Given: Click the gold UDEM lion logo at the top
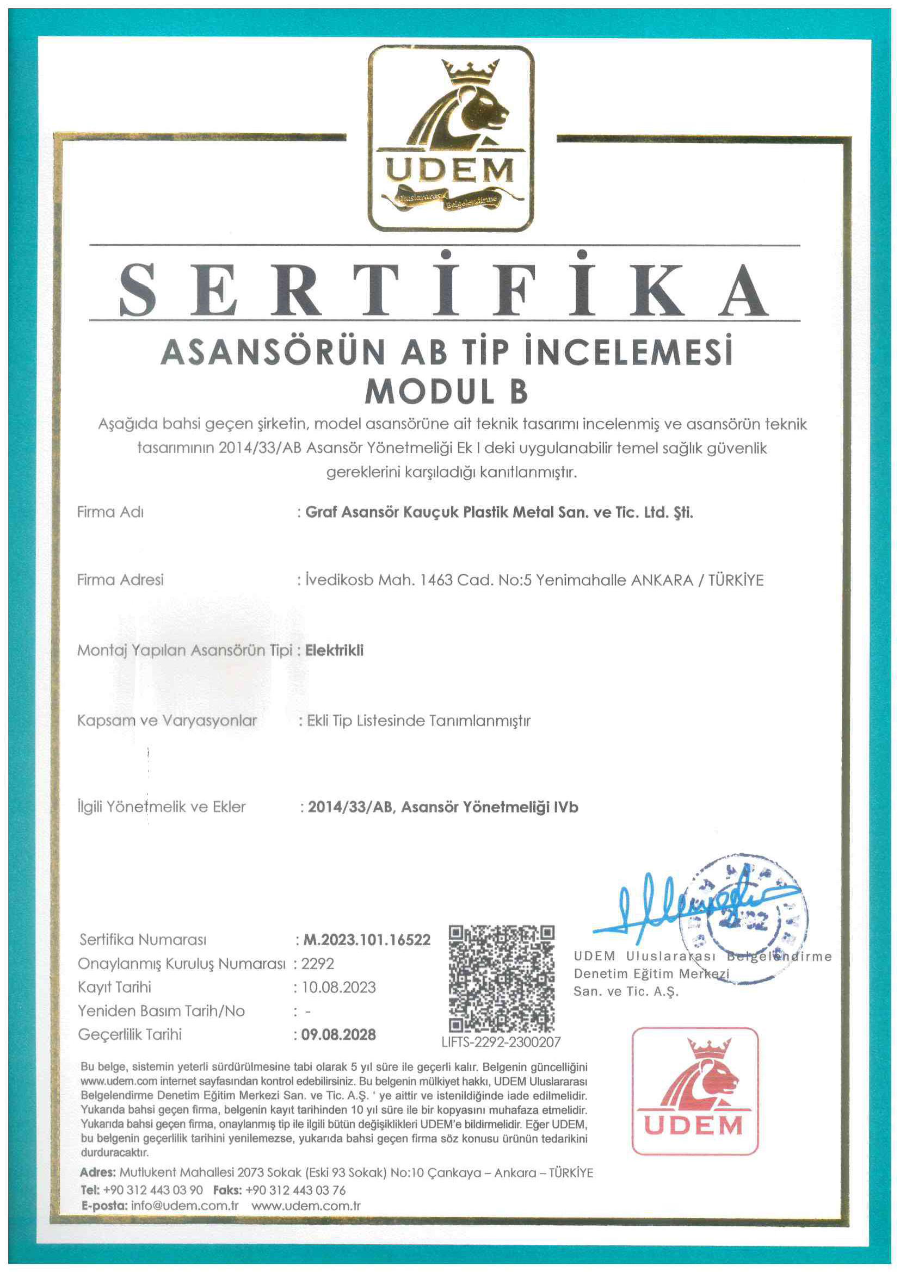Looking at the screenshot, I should pos(451,139).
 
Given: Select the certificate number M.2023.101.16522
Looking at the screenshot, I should pos(366,940).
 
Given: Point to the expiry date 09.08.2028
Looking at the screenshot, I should pos(338,1035).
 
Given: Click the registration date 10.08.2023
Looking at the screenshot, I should pos(338,988).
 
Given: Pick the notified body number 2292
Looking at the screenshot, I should pos(318,964).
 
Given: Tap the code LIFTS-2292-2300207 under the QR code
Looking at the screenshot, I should pos(501,1042).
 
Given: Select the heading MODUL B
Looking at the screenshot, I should pos(446,392).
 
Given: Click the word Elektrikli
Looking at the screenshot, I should pos(334,650).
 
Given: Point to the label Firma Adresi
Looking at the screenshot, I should pos(120,580).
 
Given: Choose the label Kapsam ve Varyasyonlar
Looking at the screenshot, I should pos(167,721).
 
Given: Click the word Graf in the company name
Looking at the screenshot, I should pos(321,512).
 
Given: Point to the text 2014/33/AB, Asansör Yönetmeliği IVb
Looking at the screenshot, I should pos(443,807).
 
